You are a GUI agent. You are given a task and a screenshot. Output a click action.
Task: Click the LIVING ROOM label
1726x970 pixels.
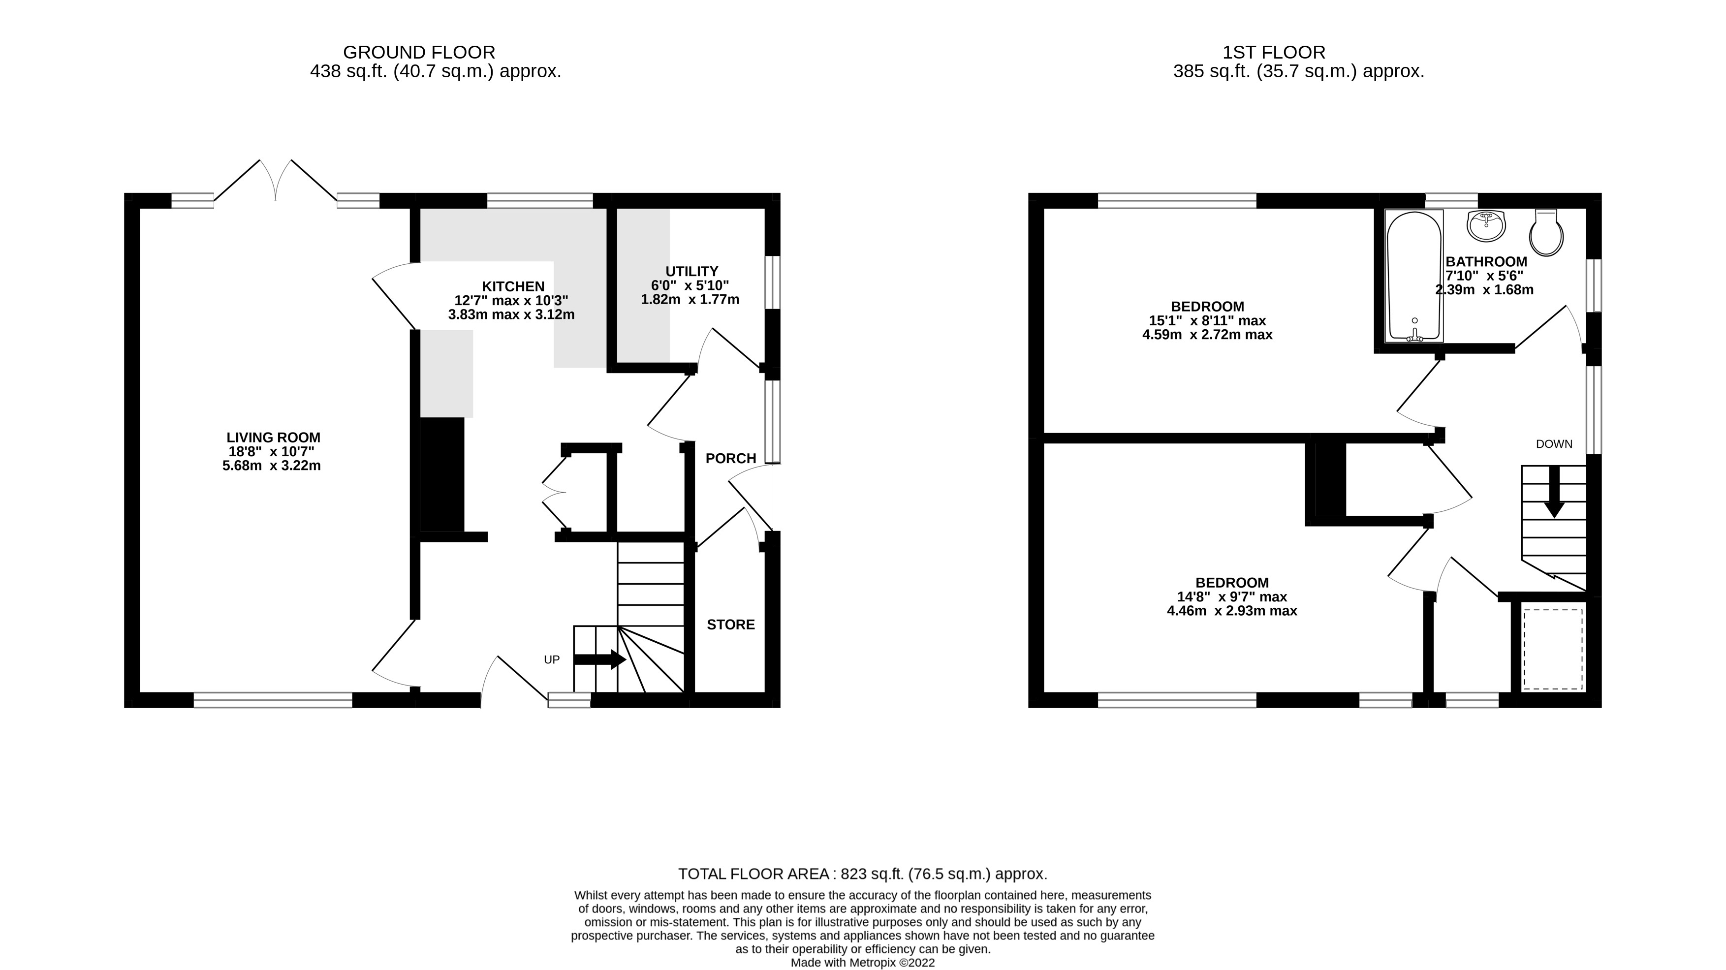point(273,438)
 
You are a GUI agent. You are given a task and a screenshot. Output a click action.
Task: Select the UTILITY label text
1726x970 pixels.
point(691,271)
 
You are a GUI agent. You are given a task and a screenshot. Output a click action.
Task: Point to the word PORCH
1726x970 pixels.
point(730,458)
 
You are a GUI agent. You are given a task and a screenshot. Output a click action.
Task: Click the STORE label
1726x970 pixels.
point(730,625)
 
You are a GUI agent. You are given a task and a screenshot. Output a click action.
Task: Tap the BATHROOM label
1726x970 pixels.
point(1485,261)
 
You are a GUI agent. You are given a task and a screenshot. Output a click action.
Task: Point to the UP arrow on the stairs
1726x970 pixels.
point(599,659)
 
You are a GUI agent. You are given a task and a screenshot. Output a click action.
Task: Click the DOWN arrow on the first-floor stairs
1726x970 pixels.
point(1554,492)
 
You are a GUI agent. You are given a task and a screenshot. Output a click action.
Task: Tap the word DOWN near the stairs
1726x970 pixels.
point(1554,444)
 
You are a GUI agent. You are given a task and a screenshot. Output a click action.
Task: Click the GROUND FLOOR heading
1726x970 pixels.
point(419,52)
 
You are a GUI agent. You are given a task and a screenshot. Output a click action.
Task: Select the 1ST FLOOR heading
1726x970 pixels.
point(1273,52)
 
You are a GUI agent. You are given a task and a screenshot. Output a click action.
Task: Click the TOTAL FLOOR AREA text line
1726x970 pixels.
point(862,874)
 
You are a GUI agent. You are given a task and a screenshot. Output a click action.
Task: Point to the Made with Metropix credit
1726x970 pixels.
point(862,963)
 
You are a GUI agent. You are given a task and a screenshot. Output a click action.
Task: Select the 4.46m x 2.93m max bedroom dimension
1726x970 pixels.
point(1231,611)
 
